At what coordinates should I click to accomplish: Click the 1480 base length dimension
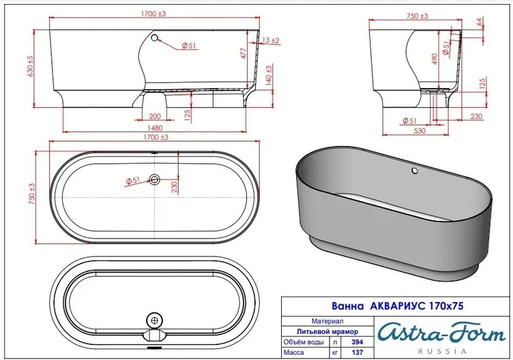(155, 128)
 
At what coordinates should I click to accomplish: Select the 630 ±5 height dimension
(30, 66)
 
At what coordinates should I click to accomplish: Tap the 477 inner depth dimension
(244, 53)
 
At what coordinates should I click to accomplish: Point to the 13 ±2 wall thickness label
(271, 40)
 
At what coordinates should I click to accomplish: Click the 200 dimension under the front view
(155, 116)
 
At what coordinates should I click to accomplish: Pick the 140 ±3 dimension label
(269, 76)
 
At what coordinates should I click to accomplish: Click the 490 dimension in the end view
(435, 59)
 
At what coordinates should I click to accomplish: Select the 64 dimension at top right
(480, 22)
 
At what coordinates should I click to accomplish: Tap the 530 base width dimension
(420, 131)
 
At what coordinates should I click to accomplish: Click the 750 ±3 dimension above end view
(417, 16)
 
